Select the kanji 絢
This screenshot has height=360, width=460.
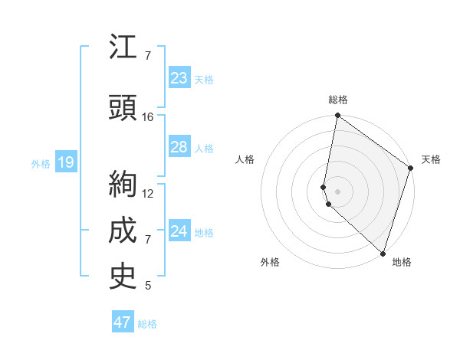(x=123, y=185)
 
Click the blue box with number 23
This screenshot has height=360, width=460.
(x=179, y=77)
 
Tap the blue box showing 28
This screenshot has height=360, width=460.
(x=179, y=147)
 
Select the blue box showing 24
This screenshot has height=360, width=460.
(x=179, y=231)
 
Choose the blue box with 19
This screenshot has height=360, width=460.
(x=65, y=162)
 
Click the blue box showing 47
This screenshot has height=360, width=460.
(x=123, y=322)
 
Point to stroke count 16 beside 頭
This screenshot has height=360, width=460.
(x=148, y=117)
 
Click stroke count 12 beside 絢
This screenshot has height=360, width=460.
(x=148, y=193)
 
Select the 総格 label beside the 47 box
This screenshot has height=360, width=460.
(x=147, y=324)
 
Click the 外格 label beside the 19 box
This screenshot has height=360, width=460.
(x=40, y=163)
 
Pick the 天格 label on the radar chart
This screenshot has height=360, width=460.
(x=431, y=159)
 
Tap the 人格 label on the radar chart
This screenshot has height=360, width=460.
(x=245, y=159)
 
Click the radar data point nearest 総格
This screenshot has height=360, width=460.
(x=337, y=116)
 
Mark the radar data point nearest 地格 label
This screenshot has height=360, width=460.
(x=383, y=254)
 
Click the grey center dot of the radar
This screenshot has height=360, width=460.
(x=337, y=190)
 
